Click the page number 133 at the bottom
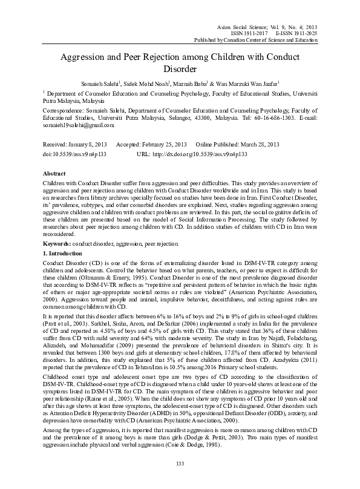179,463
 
